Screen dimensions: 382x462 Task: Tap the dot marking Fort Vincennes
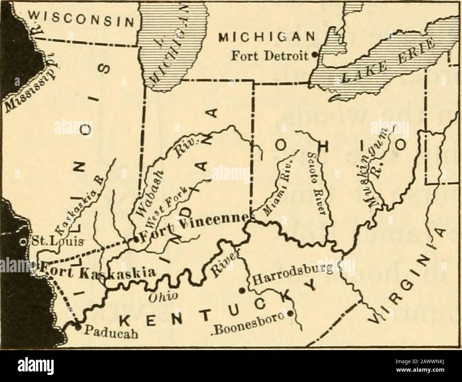[135, 240]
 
